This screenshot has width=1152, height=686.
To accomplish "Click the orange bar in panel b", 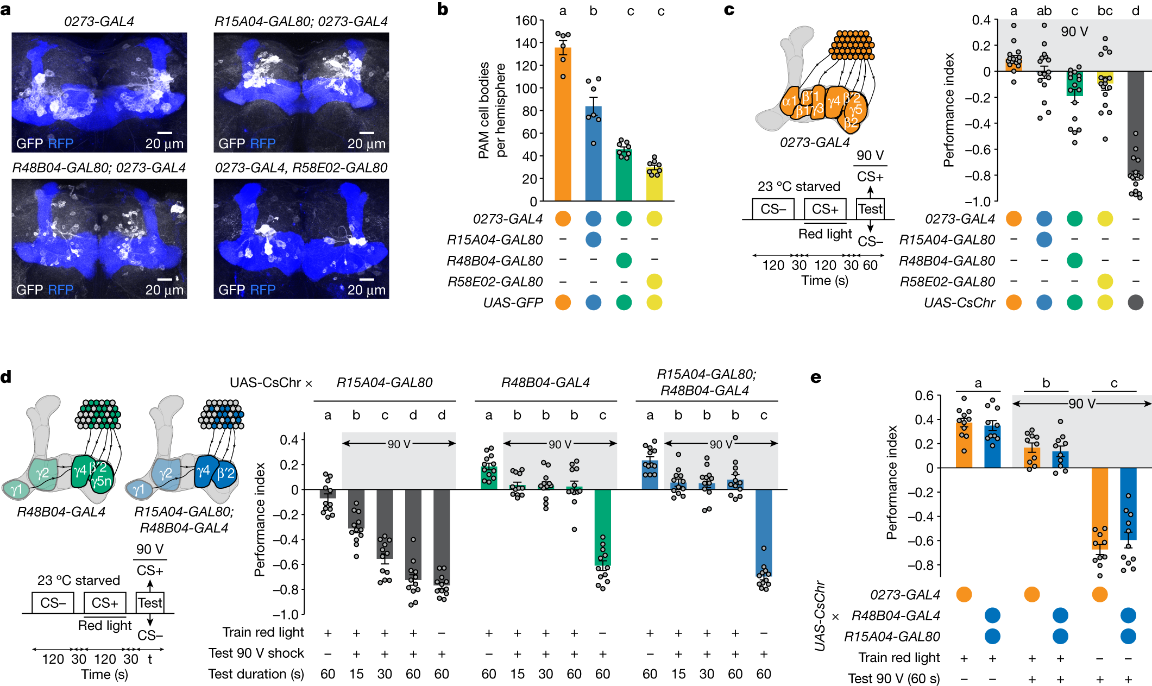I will [563, 125].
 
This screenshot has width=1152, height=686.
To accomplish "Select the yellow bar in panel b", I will [654, 185].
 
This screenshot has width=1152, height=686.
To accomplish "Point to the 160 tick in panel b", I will [526, 21].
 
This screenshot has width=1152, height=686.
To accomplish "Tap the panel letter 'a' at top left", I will [6, 9].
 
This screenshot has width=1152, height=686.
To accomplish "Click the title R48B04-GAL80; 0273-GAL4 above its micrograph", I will [99, 168].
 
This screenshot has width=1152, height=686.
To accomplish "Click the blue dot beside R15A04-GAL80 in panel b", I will [593, 240].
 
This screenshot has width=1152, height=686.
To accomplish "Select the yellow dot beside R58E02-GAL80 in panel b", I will [654, 281].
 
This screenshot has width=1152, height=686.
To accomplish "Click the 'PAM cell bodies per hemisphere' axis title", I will [492, 110].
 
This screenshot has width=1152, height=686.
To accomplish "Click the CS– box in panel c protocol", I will [773, 209].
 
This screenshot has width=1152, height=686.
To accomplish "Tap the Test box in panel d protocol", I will [150, 603].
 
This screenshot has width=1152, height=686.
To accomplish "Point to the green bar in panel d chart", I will [602, 527].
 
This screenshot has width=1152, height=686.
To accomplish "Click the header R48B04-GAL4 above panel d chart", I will [545, 383].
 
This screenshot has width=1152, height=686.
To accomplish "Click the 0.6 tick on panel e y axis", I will [924, 395].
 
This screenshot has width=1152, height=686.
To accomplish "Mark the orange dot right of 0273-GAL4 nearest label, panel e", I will [964, 594].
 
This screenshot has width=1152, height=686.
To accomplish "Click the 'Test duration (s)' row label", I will [256, 674].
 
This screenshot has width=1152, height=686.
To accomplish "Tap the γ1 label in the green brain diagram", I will [16, 489].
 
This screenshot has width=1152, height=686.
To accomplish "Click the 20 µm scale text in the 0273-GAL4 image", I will [164, 144].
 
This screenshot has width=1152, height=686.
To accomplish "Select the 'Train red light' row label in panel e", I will [899, 658].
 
